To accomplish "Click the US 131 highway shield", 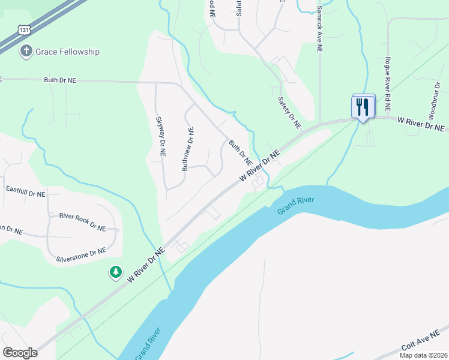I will (x=23, y=28).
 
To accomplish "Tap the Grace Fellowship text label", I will (x=67, y=52).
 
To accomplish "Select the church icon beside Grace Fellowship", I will (x=26, y=52).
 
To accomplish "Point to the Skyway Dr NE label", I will (x=161, y=137).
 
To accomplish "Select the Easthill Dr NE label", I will (x=25, y=193).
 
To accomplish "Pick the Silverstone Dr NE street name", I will (x=80, y=255).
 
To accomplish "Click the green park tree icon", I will (x=115, y=272).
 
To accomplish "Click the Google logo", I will (x=20, y=353).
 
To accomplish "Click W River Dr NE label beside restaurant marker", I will (x=421, y=123).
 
